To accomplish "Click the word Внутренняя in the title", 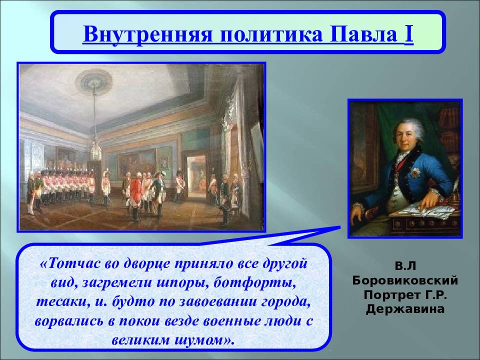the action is pyautogui.click(x=148, y=34).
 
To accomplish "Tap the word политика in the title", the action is pyautogui.click(x=271, y=34).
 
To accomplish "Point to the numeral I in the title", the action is pyautogui.click(x=409, y=34).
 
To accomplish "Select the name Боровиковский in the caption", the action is pyautogui.click(x=405, y=280).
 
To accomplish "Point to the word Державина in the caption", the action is pyautogui.click(x=405, y=309).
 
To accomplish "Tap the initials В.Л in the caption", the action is pyautogui.click(x=405, y=266).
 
